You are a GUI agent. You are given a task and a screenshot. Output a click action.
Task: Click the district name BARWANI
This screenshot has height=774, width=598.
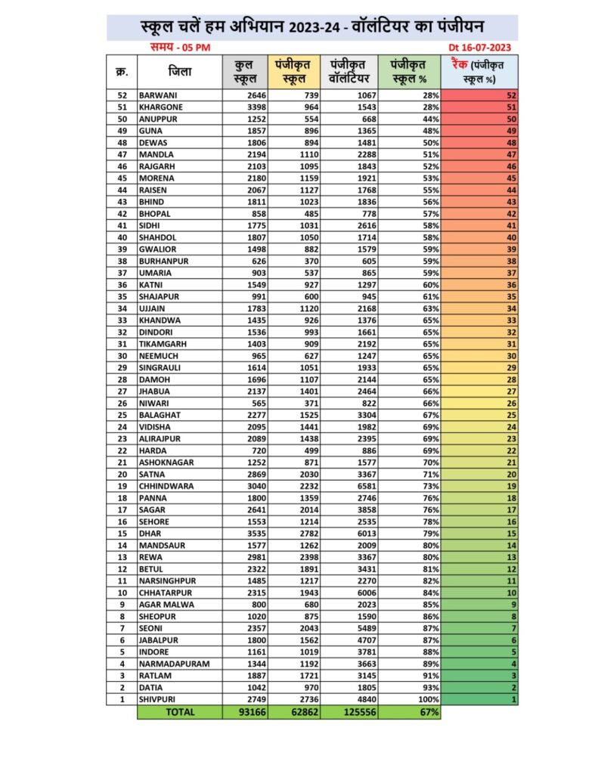[x=156, y=96]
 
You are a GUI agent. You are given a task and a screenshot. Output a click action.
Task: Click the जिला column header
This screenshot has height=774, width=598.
[x=180, y=73]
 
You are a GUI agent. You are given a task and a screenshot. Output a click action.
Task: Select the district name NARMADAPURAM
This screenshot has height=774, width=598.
[x=173, y=664]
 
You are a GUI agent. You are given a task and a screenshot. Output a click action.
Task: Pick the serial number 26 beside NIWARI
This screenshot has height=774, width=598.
[x=121, y=403]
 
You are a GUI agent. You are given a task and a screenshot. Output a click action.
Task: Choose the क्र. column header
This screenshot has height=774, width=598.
[x=121, y=73]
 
